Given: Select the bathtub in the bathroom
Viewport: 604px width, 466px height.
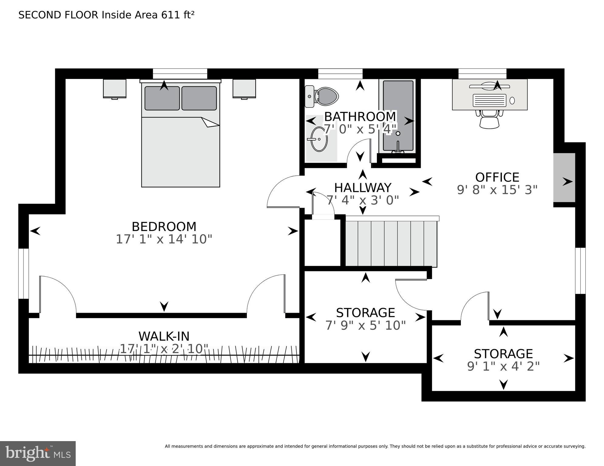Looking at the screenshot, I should pyautogui.click(x=398, y=116).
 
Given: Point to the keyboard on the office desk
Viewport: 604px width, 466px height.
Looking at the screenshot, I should pyautogui.click(x=489, y=100).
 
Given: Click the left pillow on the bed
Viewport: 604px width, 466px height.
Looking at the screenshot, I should pyautogui.click(x=162, y=98).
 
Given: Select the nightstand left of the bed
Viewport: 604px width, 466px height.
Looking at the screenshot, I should pyautogui.click(x=115, y=89).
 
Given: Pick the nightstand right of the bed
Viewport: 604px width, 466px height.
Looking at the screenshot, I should pyautogui.click(x=244, y=89).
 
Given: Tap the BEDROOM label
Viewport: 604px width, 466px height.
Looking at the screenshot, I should pyautogui.click(x=164, y=227).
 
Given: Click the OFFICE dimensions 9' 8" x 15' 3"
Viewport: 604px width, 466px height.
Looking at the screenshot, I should pyautogui.click(x=497, y=190).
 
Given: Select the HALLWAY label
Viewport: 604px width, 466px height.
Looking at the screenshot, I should pyautogui.click(x=362, y=188).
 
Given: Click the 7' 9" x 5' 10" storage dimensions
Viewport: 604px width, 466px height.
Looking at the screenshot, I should pyautogui.click(x=365, y=325).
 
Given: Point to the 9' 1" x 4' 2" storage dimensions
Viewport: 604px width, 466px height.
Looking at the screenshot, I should pyautogui.click(x=503, y=366).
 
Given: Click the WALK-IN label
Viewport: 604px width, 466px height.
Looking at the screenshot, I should pyautogui.click(x=164, y=336).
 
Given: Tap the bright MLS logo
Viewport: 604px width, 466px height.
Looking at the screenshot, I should pyautogui.click(x=38, y=453).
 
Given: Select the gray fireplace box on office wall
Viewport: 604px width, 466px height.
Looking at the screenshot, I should pyautogui.click(x=564, y=178).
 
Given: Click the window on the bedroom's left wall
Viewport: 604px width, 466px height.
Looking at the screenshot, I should pyautogui.click(x=23, y=274).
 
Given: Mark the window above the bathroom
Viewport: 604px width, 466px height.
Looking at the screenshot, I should pyautogui.click(x=340, y=74).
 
